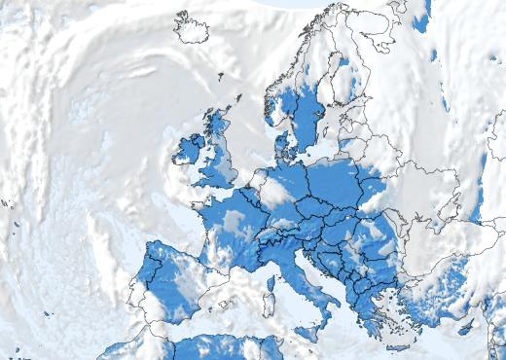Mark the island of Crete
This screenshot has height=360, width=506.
coord(396,345)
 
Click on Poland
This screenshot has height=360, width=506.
coord(341,185)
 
